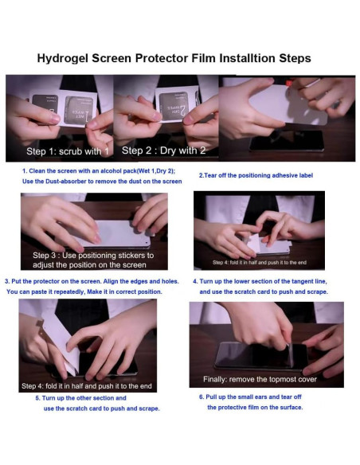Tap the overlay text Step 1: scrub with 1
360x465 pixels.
point(68,151)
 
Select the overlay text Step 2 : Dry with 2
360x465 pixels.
point(163,150)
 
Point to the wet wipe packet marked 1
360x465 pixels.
point(79,110)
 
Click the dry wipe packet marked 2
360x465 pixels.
point(174,106)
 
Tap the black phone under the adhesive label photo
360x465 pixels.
point(287,140)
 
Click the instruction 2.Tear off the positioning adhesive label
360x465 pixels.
point(256,175)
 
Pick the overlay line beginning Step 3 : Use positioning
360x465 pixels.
point(93,256)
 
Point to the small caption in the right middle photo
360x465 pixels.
point(260,263)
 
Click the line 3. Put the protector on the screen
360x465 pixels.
point(92,281)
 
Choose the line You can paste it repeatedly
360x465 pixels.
point(84,291)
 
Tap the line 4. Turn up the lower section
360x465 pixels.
point(260,281)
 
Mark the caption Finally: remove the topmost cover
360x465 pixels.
point(260,379)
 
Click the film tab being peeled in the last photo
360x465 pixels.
point(290,354)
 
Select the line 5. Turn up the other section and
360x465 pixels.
point(80,398)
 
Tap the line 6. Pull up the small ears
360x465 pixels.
point(250,397)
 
